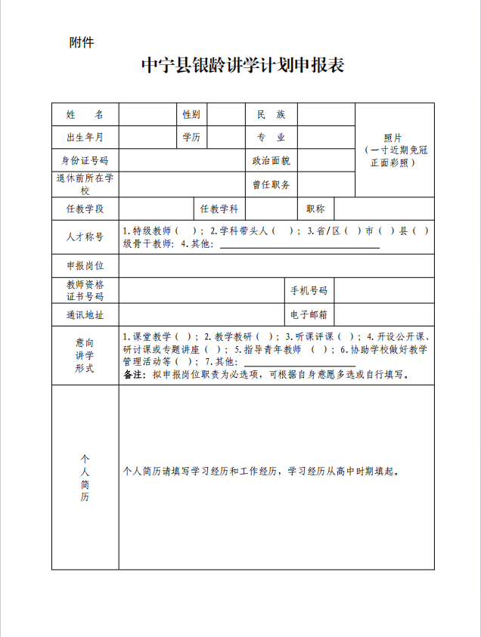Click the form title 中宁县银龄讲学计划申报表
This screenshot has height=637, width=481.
(x=243, y=66)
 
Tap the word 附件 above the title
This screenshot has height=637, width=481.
(x=81, y=42)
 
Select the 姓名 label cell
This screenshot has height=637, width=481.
(x=85, y=115)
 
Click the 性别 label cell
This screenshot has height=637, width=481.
(x=191, y=115)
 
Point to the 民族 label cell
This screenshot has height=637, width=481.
(x=271, y=115)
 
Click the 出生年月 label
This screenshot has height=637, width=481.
(x=85, y=138)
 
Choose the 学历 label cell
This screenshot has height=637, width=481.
(x=191, y=138)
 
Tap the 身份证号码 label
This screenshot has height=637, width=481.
(x=85, y=161)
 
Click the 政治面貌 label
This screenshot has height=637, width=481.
(x=271, y=161)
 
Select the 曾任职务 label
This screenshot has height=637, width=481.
(x=271, y=184)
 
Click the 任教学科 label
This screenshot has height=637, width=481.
(x=219, y=209)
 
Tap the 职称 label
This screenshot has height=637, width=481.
(x=315, y=209)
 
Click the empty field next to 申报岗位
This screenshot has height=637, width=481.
(x=276, y=266)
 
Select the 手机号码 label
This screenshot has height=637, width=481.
(x=309, y=291)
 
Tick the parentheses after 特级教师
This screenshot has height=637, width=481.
(x=185, y=231)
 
